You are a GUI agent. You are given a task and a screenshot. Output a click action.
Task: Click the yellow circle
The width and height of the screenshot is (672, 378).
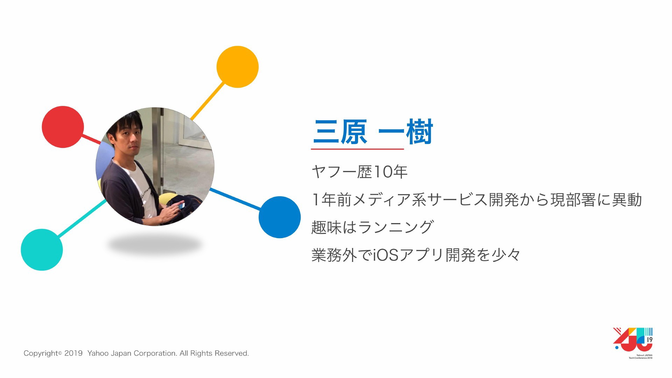(237, 67)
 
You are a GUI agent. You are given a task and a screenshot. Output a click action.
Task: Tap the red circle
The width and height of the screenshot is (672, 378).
(63, 127)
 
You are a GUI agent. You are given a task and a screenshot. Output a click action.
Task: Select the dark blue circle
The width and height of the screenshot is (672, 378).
(280, 217)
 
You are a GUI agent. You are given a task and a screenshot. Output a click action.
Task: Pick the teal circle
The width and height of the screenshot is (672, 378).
(42, 250)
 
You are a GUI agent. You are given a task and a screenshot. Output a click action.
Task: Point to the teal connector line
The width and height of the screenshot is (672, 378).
(82, 218)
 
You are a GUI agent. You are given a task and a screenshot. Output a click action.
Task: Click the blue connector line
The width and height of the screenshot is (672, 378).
(235, 199)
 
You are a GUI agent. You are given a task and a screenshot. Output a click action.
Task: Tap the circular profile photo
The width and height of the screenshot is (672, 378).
(155, 166)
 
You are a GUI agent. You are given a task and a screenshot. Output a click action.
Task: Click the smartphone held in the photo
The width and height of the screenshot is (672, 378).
(182, 206)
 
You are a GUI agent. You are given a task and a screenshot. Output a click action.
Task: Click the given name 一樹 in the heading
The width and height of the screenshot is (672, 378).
(406, 132)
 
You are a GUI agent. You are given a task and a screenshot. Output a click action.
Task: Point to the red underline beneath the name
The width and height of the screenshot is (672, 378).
(357, 149)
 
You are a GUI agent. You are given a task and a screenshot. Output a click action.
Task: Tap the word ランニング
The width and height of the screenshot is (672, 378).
(395, 227)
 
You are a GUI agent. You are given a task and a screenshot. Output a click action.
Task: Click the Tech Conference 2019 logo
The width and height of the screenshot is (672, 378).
(633, 343)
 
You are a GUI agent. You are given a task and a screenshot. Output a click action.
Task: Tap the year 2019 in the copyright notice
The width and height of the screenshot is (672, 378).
(73, 353)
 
